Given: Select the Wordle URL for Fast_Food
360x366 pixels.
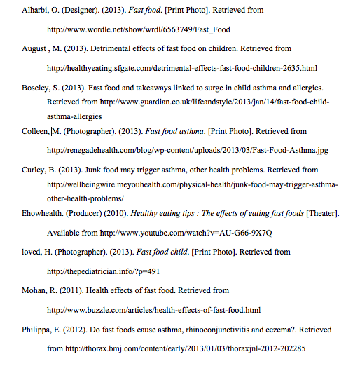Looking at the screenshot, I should [x=138, y=30].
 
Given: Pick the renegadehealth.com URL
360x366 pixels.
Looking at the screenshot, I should [x=187, y=151].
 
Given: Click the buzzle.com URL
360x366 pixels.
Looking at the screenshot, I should [x=153, y=310].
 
